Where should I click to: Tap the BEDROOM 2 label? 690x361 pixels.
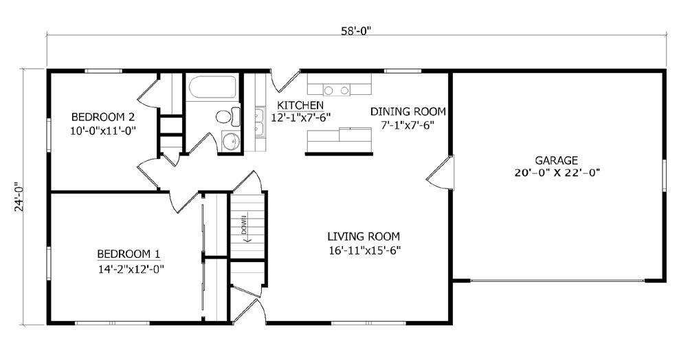(102, 116)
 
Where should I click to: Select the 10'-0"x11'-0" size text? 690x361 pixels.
(102, 129)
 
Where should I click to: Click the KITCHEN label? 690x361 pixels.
(300, 105)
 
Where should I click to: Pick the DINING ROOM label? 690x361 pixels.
(408, 111)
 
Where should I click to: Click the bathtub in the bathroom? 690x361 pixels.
(212, 87)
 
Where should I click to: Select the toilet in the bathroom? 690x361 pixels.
(227, 117)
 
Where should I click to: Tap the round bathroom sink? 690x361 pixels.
(230, 142)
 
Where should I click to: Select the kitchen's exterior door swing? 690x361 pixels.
(283, 81)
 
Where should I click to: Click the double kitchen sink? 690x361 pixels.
(259, 122)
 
